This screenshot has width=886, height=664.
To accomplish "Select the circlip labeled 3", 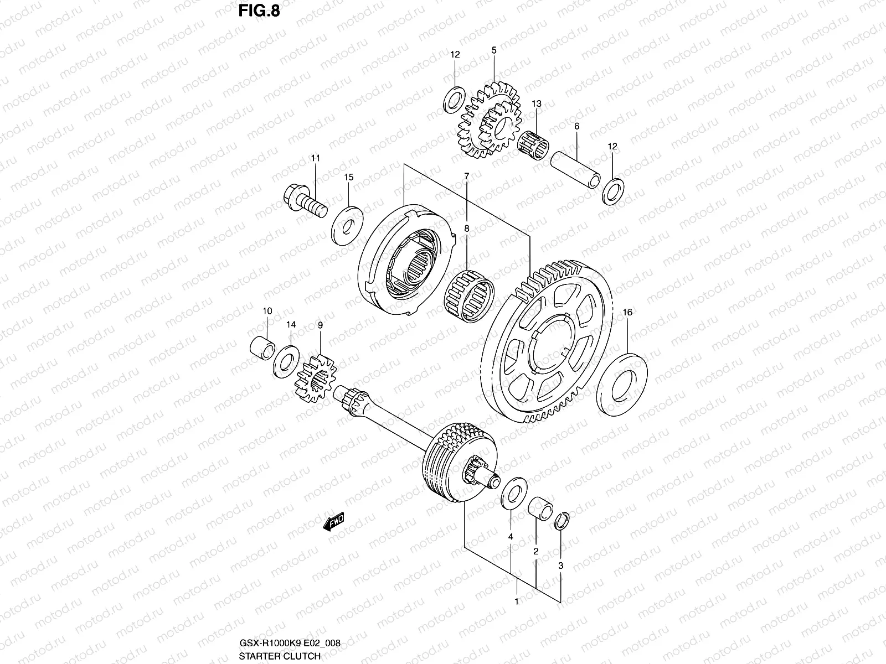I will [x=562, y=521].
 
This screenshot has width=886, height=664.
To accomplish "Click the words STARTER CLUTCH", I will [x=280, y=656].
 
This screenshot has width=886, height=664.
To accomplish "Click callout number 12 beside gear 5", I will [x=455, y=55].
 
